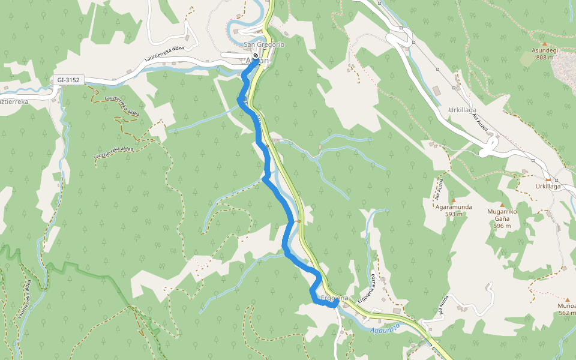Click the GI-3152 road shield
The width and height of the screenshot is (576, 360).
pyautogui.click(x=70, y=79)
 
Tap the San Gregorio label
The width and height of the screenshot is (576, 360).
pyautogui.click(x=264, y=45)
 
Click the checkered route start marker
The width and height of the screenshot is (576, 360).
pyautogui.click(x=256, y=56)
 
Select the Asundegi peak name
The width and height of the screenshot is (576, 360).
pyautogui.click(x=545, y=50)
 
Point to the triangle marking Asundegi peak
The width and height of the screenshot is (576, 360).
pyautogui.click(x=545, y=43)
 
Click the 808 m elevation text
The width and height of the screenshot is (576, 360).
pyautogui.click(x=545, y=58)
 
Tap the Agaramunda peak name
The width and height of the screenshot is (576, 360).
pyautogui.click(x=454, y=207)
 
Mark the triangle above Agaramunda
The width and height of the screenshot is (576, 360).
pyautogui.click(x=454, y=200)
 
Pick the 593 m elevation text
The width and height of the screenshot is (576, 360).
pyautogui.click(x=454, y=214)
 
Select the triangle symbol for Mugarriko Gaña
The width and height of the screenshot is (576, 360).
pyautogui.click(x=502, y=205)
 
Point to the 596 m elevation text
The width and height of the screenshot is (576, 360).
pyautogui.click(x=502, y=226)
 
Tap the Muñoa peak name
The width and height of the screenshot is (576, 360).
pyautogui.click(x=568, y=305)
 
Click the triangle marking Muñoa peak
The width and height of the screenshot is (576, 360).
pyautogui.click(x=568, y=298)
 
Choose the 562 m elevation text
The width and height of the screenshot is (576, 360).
pyautogui.click(x=568, y=313)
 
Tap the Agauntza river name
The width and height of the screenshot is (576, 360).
pyautogui.click(x=385, y=329)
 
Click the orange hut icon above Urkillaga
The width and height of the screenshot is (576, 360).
pyautogui.click(x=548, y=179)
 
